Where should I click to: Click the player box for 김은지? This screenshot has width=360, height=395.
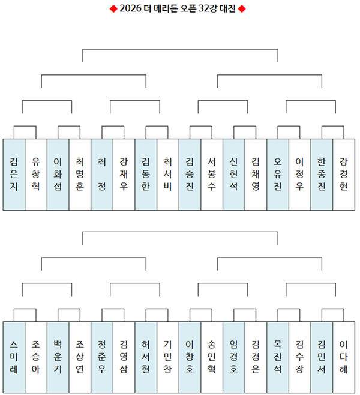pyautogui.click(x=14, y=174)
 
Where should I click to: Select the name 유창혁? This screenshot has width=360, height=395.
pyautogui.click(x=36, y=174)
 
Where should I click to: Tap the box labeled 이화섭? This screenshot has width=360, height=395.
pyautogui.click(x=58, y=174)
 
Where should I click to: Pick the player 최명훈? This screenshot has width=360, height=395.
pyautogui.click(x=80, y=174)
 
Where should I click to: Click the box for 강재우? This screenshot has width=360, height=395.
pyautogui.click(x=124, y=174)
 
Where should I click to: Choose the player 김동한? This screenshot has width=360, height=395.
pyautogui.click(x=146, y=174)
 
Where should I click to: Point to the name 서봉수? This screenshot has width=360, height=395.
pyautogui.click(x=212, y=174)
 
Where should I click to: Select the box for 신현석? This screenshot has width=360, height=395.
pyautogui.click(x=233, y=174)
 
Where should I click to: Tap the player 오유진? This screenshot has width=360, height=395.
pyautogui.click(x=278, y=174)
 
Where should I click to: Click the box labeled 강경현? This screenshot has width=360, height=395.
pyautogui.click(x=344, y=174)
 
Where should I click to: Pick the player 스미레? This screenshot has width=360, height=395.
pyautogui.click(x=14, y=357)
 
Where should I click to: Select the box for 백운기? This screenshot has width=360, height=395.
pyautogui.click(x=58, y=357)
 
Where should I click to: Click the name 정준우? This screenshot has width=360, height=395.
pyautogui.click(x=102, y=357)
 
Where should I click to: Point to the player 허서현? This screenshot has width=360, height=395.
pyautogui.click(x=146, y=357)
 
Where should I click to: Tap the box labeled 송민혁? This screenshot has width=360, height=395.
pyautogui.click(x=212, y=357)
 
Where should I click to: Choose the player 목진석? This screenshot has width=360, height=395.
pyautogui.click(x=278, y=357)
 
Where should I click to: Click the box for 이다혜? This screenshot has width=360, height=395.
pyautogui.click(x=344, y=357)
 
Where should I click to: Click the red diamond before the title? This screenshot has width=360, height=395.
pyautogui.click(x=113, y=9)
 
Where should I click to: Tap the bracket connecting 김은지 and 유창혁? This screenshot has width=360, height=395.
pyautogui.click(x=25, y=126)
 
